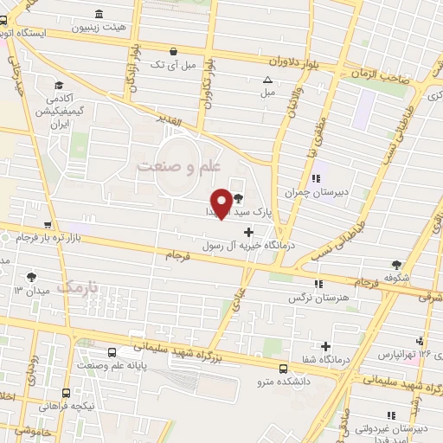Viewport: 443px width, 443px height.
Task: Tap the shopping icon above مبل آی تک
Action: (x=175, y=51)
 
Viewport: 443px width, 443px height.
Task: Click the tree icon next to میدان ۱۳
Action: (x=32, y=277)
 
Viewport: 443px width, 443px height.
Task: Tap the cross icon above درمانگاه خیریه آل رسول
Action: (x=250, y=231)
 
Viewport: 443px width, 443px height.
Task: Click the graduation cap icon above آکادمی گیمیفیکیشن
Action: (x=59, y=86)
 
